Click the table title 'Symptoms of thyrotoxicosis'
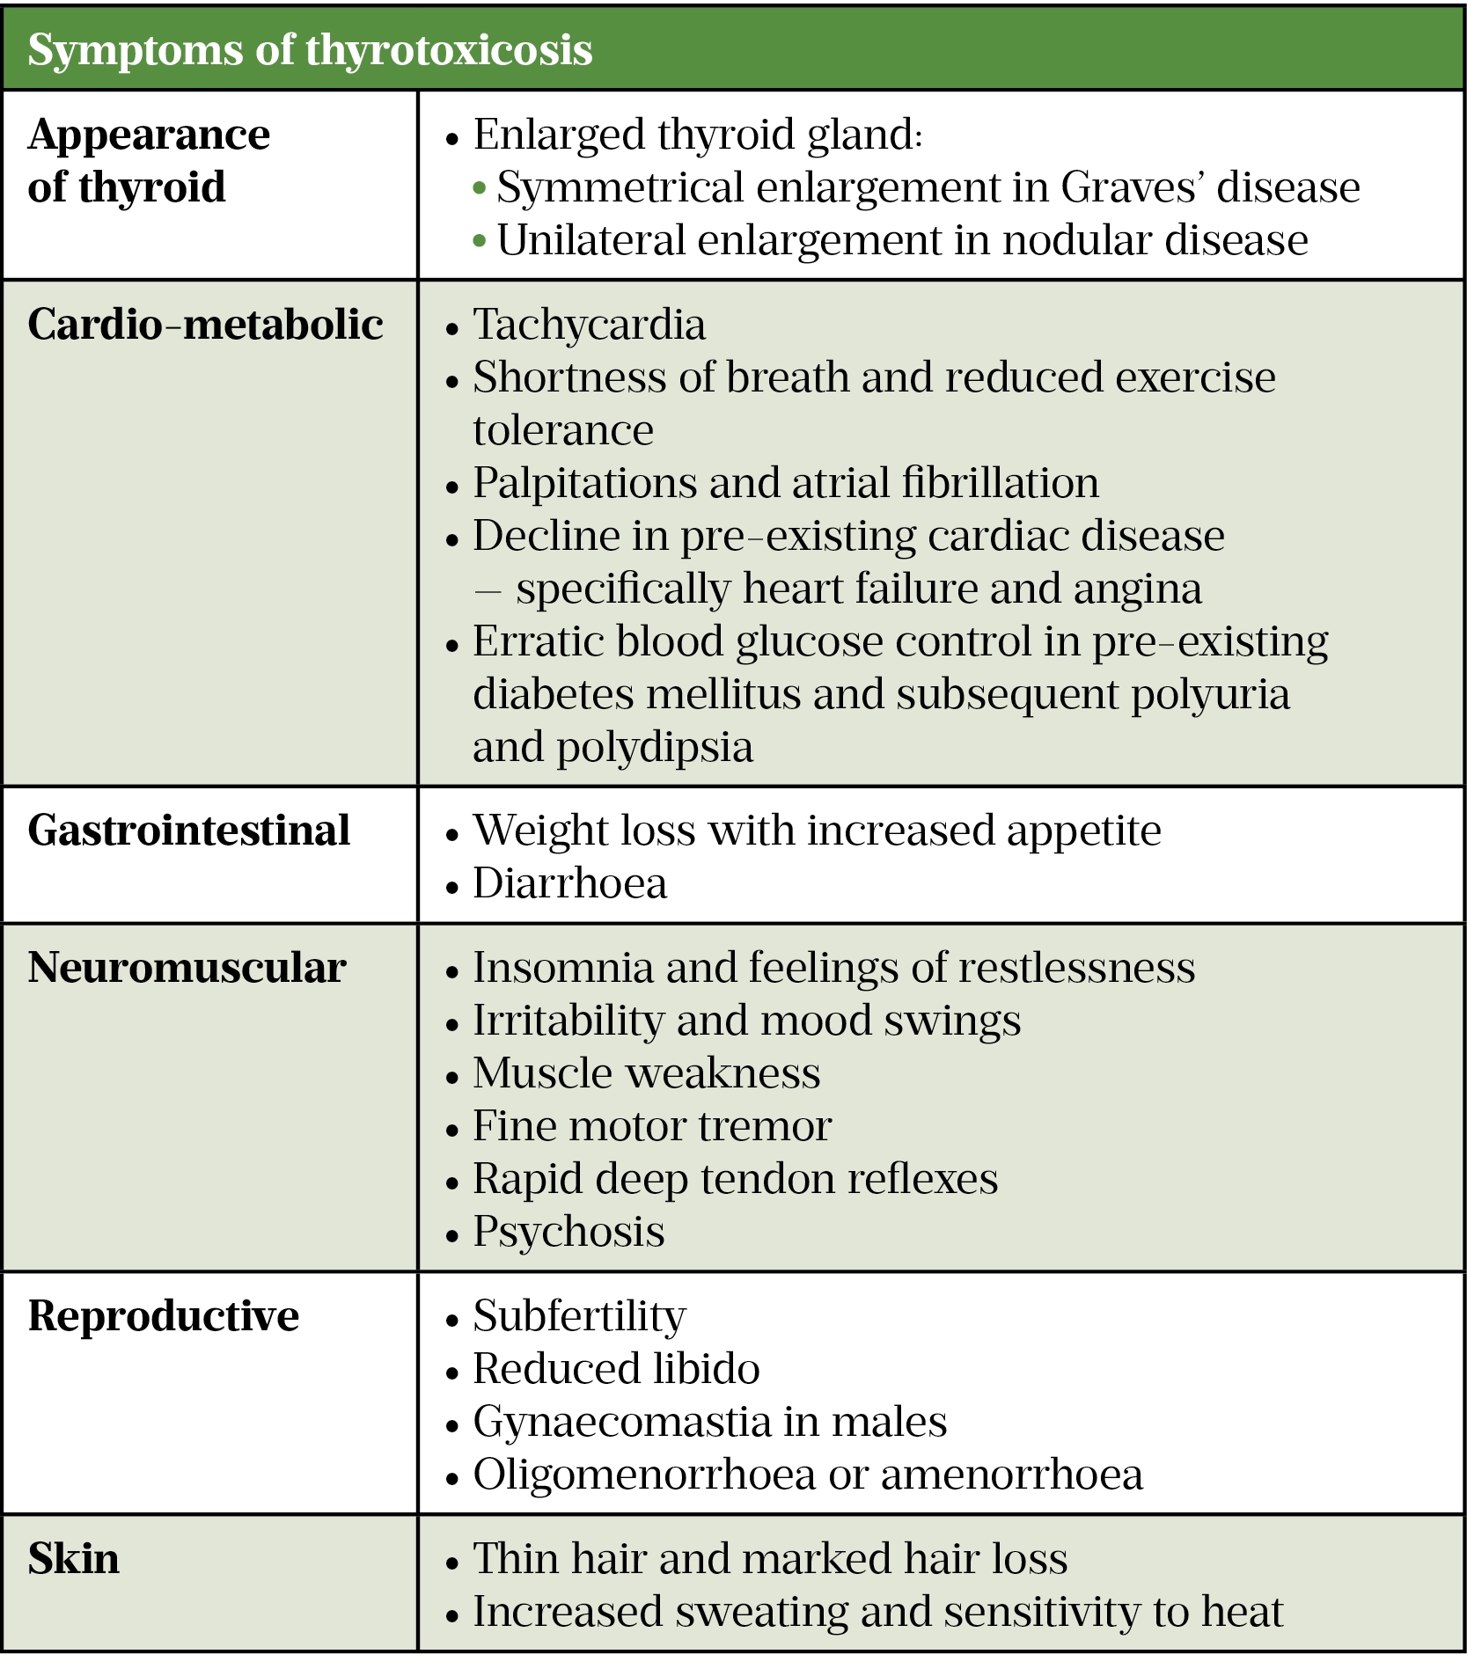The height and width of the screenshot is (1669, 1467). click(310, 50)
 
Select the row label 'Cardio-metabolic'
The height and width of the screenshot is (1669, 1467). click(205, 325)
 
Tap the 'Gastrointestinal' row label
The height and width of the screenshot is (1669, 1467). click(188, 831)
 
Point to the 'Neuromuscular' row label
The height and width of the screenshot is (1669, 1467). click(187, 968)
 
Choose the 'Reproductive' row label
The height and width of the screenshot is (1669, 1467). click(164, 1316)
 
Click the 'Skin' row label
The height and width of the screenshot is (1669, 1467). click(73, 1559)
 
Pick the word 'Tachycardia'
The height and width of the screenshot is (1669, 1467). click(589, 325)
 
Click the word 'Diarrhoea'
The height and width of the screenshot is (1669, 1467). click(569, 883)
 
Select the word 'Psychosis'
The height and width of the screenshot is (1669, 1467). click(568, 1232)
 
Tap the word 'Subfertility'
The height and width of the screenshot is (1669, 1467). click(579, 1316)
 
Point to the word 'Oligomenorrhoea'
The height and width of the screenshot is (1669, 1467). click(644, 1475)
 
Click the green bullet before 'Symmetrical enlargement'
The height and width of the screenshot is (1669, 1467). click(480, 188)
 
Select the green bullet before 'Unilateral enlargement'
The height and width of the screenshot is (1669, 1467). click(480, 241)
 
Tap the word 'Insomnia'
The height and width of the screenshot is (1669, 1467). click(562, 968)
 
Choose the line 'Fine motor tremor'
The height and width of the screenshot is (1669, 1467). click(651, 1126)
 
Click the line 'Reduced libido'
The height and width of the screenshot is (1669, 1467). click(616, 1369)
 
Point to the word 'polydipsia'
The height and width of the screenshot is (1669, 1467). click(655, 748)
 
